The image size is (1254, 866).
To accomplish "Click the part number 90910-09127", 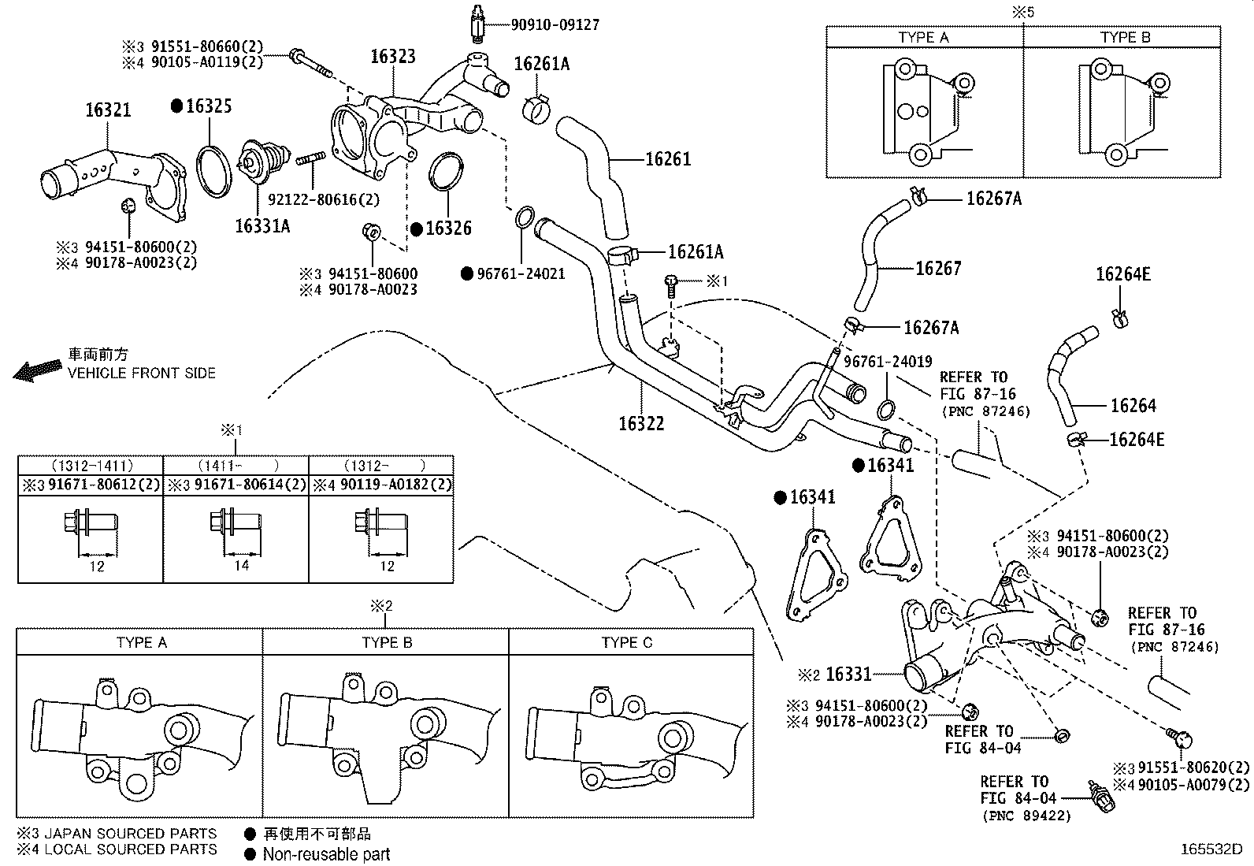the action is [555, 24].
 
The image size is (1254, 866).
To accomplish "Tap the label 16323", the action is [393, 57].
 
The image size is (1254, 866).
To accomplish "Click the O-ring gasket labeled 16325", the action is [213, 172].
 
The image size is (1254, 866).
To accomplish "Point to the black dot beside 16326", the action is [417, 229].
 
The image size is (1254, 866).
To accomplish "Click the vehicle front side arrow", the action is [38, 370].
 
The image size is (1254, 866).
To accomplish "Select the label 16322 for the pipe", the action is [641, 424].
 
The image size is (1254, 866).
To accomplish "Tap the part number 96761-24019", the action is [888, 362].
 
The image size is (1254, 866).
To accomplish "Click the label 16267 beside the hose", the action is [938, 269].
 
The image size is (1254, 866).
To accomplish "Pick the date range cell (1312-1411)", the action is [92, 466].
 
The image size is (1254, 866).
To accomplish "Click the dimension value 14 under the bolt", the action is [241, 566].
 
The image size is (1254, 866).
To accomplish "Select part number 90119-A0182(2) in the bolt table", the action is [395, 484].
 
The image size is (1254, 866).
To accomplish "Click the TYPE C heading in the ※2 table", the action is [627, 642].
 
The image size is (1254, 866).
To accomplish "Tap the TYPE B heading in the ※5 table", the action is [1126, 38].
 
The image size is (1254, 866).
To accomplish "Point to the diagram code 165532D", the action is [1211, 849].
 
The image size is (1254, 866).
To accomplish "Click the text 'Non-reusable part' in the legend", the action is [326, 854].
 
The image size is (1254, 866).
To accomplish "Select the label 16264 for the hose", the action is [1133, 406].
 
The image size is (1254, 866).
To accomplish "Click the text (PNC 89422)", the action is [1026, 816].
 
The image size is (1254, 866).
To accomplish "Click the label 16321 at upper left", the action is [108, 110].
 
